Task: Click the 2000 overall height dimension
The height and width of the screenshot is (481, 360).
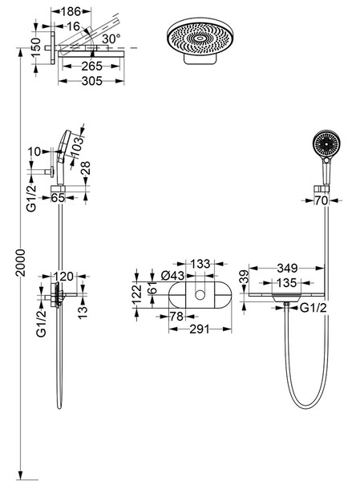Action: point(20,263)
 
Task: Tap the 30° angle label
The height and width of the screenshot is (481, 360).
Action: point(111,39)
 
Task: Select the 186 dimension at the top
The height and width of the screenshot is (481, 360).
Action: point(71,12)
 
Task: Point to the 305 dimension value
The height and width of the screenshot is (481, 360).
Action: point(92,81)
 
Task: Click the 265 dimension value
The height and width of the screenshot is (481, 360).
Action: point(91,66)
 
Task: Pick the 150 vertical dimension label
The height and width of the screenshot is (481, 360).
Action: point(36,47)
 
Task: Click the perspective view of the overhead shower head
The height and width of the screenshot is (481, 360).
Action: point(199,42)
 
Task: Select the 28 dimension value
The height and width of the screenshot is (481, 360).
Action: point(86,168)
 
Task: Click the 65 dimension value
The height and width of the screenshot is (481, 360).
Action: point(58,197)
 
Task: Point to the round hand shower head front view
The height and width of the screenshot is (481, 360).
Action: point(326,143)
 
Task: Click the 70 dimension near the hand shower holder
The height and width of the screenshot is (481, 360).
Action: point(322,200)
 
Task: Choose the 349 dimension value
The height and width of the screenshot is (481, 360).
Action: point(287,268)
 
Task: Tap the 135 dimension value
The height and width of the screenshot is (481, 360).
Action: point(286,282)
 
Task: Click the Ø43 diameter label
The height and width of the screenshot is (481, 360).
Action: point(173,276)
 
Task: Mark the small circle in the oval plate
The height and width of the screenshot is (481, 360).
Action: point(200,295)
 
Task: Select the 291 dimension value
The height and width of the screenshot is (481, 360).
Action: point(199,329)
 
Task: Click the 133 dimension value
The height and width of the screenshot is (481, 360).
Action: point(200,264)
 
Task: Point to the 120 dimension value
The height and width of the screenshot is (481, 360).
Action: point(64,276)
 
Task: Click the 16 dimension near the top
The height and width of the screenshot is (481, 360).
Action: point(73,26)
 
